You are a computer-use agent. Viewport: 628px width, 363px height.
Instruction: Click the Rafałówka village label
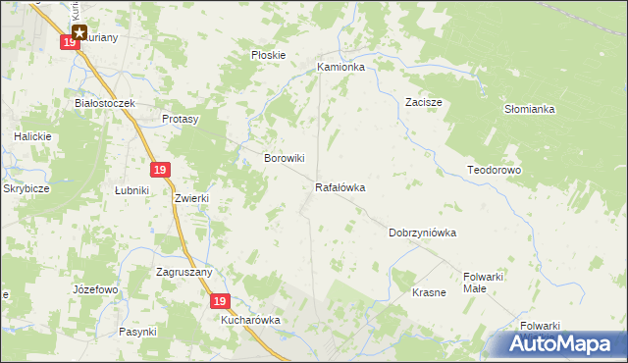[340, 186]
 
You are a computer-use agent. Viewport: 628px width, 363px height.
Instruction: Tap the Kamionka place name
[340, 68]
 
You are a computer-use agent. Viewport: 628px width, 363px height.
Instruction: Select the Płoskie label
[268, 55]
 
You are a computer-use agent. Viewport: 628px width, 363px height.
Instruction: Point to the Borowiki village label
[286, 157]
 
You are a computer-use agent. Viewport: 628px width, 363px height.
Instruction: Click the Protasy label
[181, 119]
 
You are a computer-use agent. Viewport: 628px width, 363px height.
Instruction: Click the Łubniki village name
[131, 190]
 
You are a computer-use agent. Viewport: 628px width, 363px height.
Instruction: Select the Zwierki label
[192, 197]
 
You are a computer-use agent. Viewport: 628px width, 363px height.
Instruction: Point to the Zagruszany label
[184, 271]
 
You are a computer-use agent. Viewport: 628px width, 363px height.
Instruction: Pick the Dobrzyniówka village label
[423, 233]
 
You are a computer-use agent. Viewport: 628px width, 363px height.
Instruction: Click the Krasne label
[429, 292]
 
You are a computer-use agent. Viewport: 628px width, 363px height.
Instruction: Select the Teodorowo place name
[494, 170]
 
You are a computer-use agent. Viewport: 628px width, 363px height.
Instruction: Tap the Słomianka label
[530, 109]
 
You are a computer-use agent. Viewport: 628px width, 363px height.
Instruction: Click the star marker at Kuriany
[79, 31]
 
